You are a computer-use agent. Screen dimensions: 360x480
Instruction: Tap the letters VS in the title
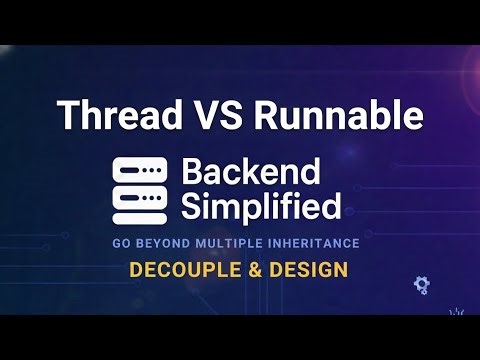tap(219, 115)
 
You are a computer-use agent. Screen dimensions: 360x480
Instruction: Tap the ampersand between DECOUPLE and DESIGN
tap(245, 269)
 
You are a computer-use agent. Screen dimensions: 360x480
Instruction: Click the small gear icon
tap(421, 285)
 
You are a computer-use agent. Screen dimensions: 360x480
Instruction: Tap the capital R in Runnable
tap(267, 115)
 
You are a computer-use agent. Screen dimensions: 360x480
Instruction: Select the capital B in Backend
tap(191, 172)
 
